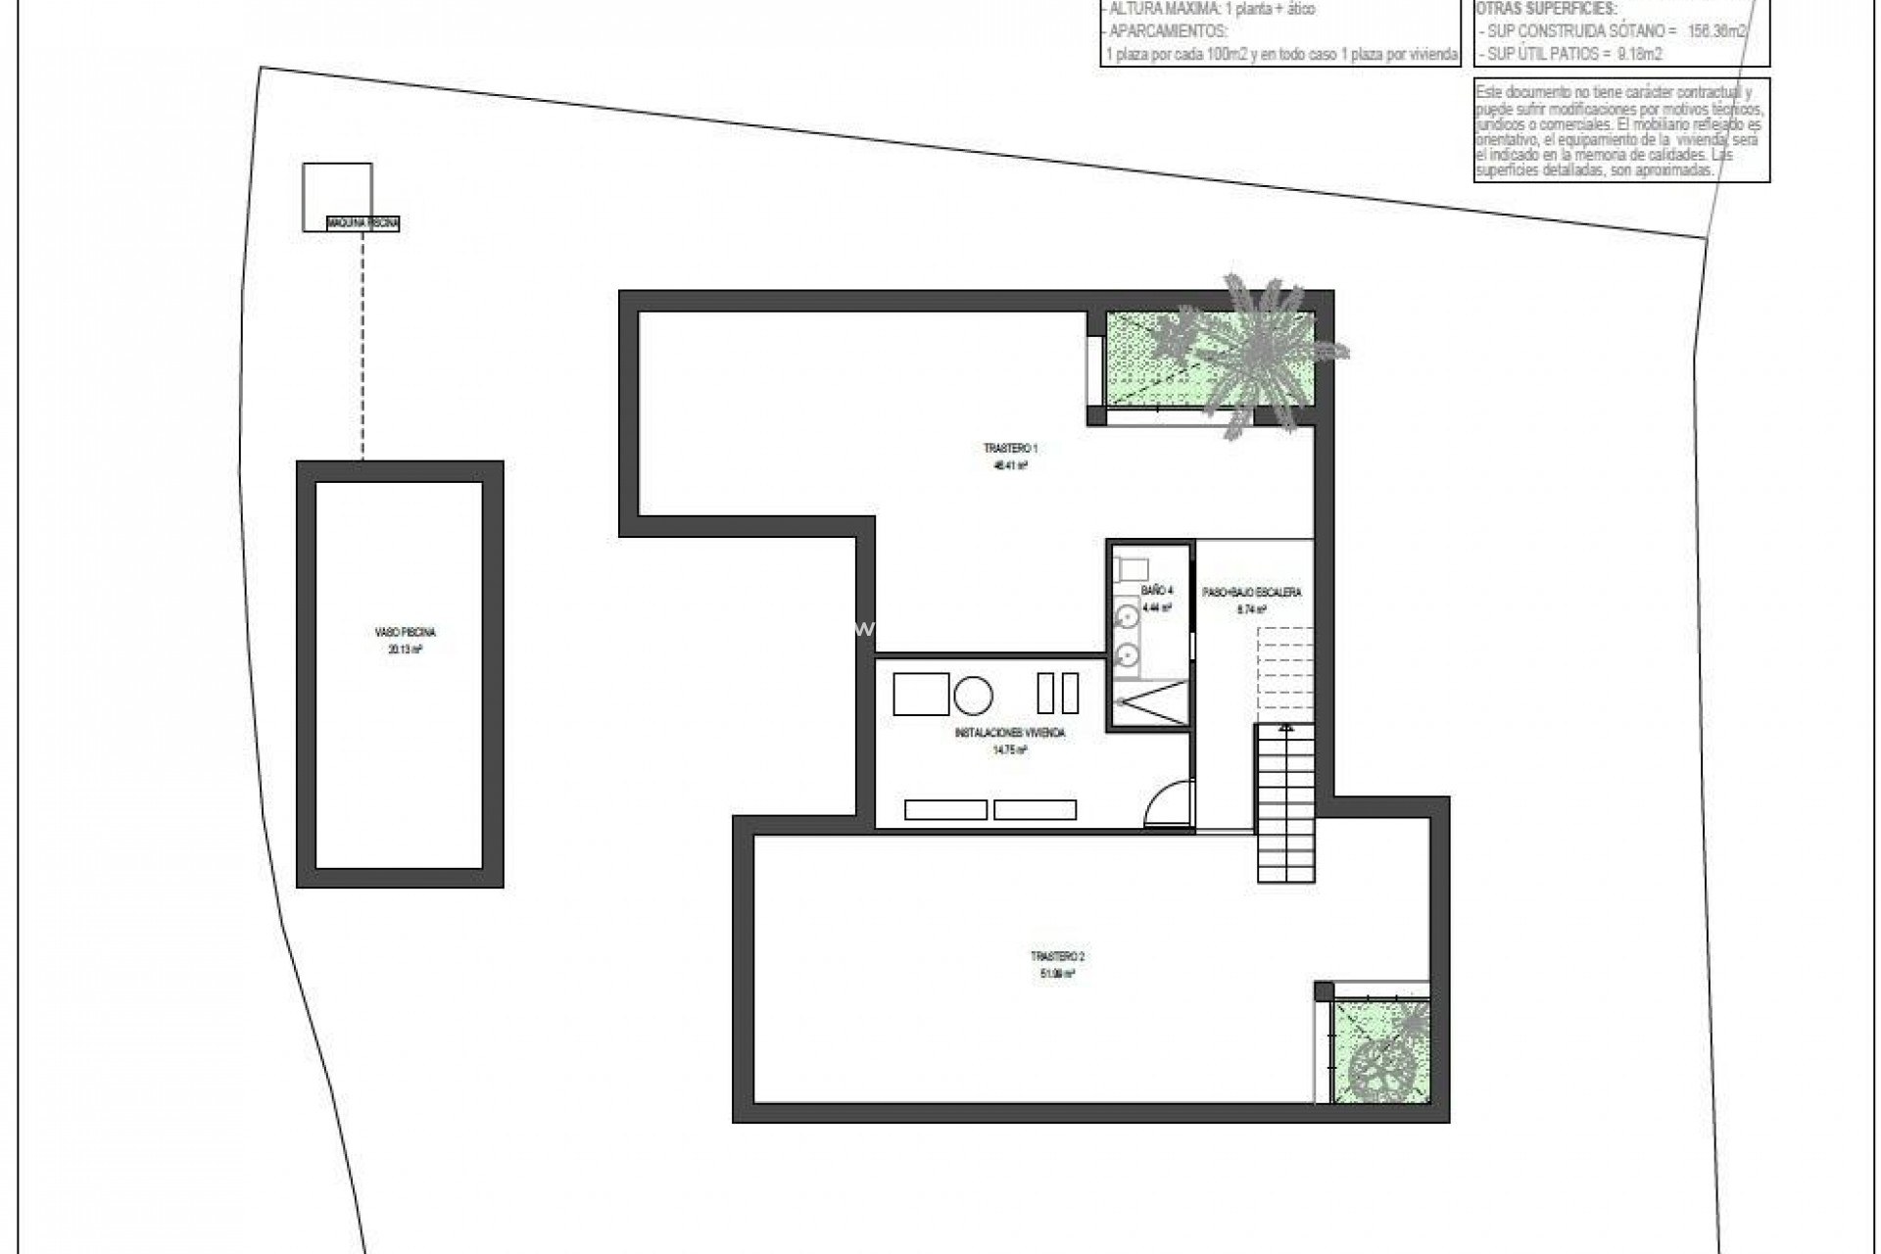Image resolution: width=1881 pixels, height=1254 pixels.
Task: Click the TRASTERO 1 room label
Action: pyautogui.click(x=1010, y=449)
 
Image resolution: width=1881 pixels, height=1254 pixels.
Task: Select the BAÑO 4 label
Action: pyautogui.click(x=1156, y=591)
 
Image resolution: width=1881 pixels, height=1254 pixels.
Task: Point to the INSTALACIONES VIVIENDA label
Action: pyautogui.click(x=1009, y=733)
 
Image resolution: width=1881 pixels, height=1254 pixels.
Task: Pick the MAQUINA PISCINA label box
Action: pyautogui.click(x=363, y=224)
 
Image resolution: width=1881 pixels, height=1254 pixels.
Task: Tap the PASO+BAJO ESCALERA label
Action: pyautogui.click(x=1251, y=593)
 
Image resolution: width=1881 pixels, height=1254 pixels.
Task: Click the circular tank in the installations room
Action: pyautogui.click(x=973, y=696)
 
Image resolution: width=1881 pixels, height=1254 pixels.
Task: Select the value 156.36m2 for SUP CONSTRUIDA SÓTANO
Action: pyautogui.click(x=1715, y=31)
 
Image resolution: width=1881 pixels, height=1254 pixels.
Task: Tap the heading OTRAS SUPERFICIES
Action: pyautogui.click(x=1546, y=10)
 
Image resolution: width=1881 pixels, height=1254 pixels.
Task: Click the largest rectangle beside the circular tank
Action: pyautogui.click(x=921, y=694)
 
